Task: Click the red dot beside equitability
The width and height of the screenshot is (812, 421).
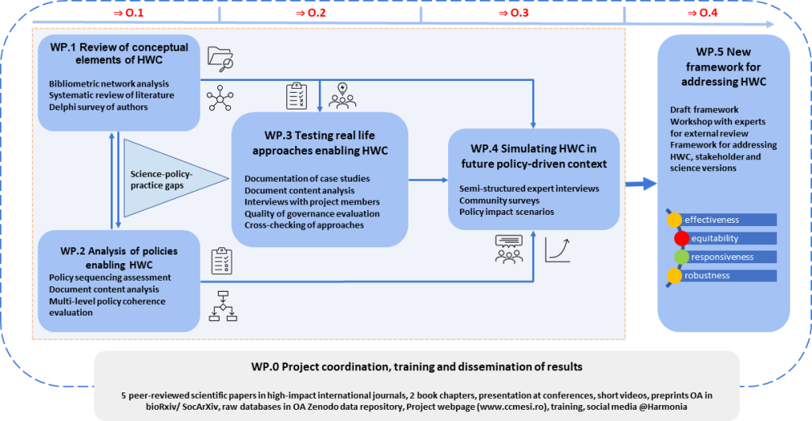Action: (x=681, y=238)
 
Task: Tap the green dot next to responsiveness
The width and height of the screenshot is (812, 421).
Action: (x=681, y=257)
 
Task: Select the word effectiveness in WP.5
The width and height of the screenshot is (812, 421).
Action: (x=712, y=220)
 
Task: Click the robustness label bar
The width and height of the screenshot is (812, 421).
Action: (x=722, y=276)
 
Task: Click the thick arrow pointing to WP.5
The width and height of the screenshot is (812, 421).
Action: (x=642, y=184)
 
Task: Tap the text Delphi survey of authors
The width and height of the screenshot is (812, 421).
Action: (x=98, y=107)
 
